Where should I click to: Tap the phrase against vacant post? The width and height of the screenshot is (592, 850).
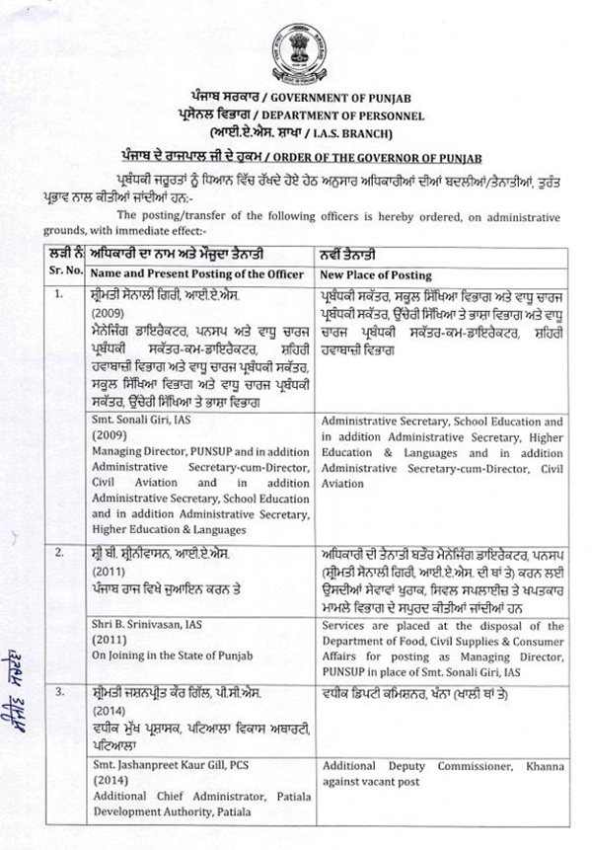[370, 782]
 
